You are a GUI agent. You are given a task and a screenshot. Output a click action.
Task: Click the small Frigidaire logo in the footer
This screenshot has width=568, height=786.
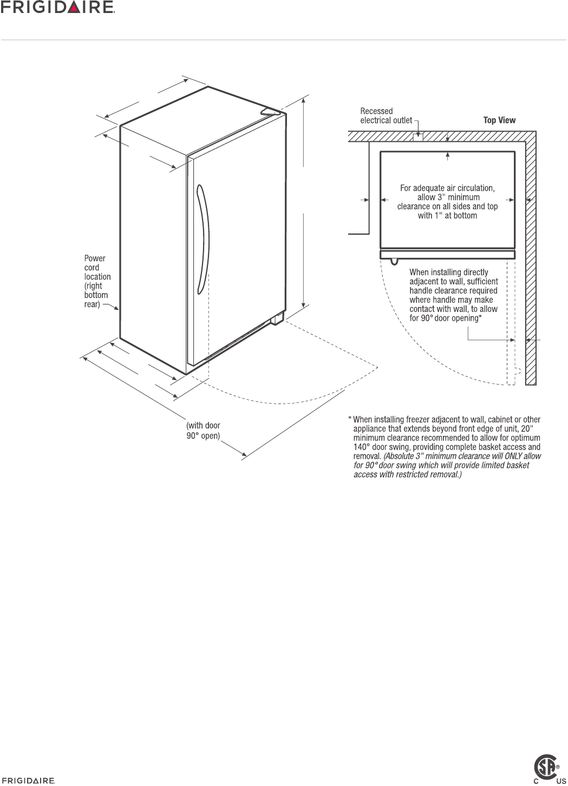pyautogui.click(x=28, y=781)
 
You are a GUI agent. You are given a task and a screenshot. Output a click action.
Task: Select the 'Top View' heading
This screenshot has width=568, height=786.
pyautogui.click(x=499, y=120)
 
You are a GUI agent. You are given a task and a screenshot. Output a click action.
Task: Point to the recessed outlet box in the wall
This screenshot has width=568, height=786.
pyautogui.click(x=417, y=137)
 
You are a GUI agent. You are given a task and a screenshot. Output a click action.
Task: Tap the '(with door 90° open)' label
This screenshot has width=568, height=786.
pyautogui.click(x=203, y=431)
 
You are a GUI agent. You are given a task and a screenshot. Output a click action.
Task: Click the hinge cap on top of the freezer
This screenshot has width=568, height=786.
pyautogui.click(x=271, y=111)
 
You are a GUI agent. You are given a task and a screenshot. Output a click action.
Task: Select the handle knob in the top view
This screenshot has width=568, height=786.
pyautogui.click(x=394, y=263)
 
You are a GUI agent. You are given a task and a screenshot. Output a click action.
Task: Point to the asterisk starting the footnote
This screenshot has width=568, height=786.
pyautogui.click(x=350, y=419)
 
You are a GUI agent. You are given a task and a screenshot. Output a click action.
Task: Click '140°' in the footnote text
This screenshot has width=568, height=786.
pyautogui.click(x=362, y=447)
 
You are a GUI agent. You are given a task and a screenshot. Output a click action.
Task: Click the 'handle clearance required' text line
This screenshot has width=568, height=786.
pyautogui.click(x=453, y=290)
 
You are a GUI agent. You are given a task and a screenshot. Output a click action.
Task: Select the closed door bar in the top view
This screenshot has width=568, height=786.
pyautogui.click(x=447, y=255)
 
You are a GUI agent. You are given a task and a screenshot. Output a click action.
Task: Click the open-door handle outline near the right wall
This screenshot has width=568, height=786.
pyautogui.click(x=518, y=372)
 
